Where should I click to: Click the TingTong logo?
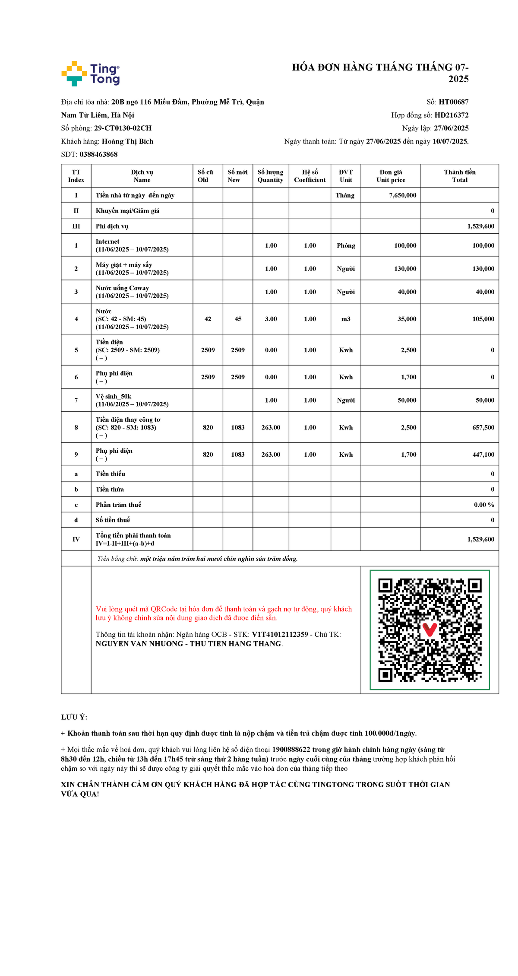91,73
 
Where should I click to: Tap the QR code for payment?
430,630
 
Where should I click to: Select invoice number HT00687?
453,102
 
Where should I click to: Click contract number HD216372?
451,115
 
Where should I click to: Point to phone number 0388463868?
98,154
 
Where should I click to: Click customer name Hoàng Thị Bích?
127,141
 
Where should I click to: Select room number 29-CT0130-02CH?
123,128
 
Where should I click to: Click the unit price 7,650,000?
402,195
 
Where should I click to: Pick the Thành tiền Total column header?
459,176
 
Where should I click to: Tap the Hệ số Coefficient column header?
310,176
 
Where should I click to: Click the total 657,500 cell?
483,427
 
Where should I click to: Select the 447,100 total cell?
483,455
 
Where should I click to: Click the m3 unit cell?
346,319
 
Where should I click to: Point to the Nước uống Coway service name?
122,288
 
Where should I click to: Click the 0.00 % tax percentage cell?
483,505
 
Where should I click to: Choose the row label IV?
76,539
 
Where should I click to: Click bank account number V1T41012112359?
280,634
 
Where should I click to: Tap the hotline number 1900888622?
291,750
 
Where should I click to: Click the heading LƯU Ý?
74,717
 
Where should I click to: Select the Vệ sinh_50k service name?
113,397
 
